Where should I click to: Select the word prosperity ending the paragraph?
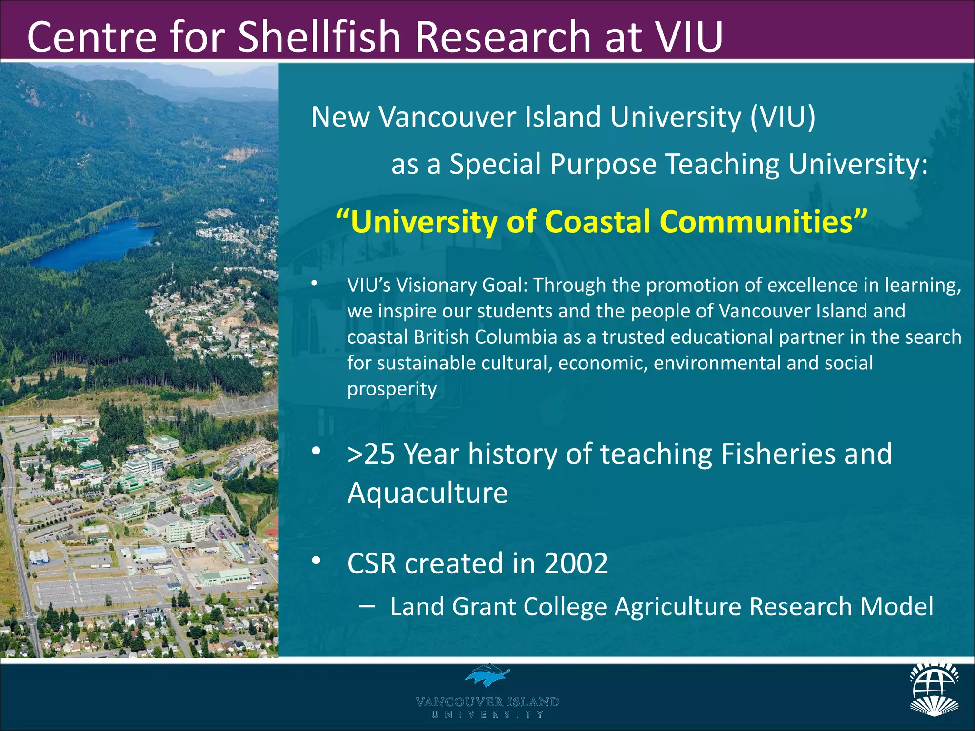pyautogui.click(x=391, y=389)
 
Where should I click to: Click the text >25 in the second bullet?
pyautogui.click(x=371, y=454)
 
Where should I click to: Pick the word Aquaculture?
pyautogui.click(x=427, y=493)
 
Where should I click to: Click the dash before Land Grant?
pyautogui.click(x=367, y=606)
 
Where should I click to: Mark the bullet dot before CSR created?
pyautogui.click(x=316, y=561)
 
